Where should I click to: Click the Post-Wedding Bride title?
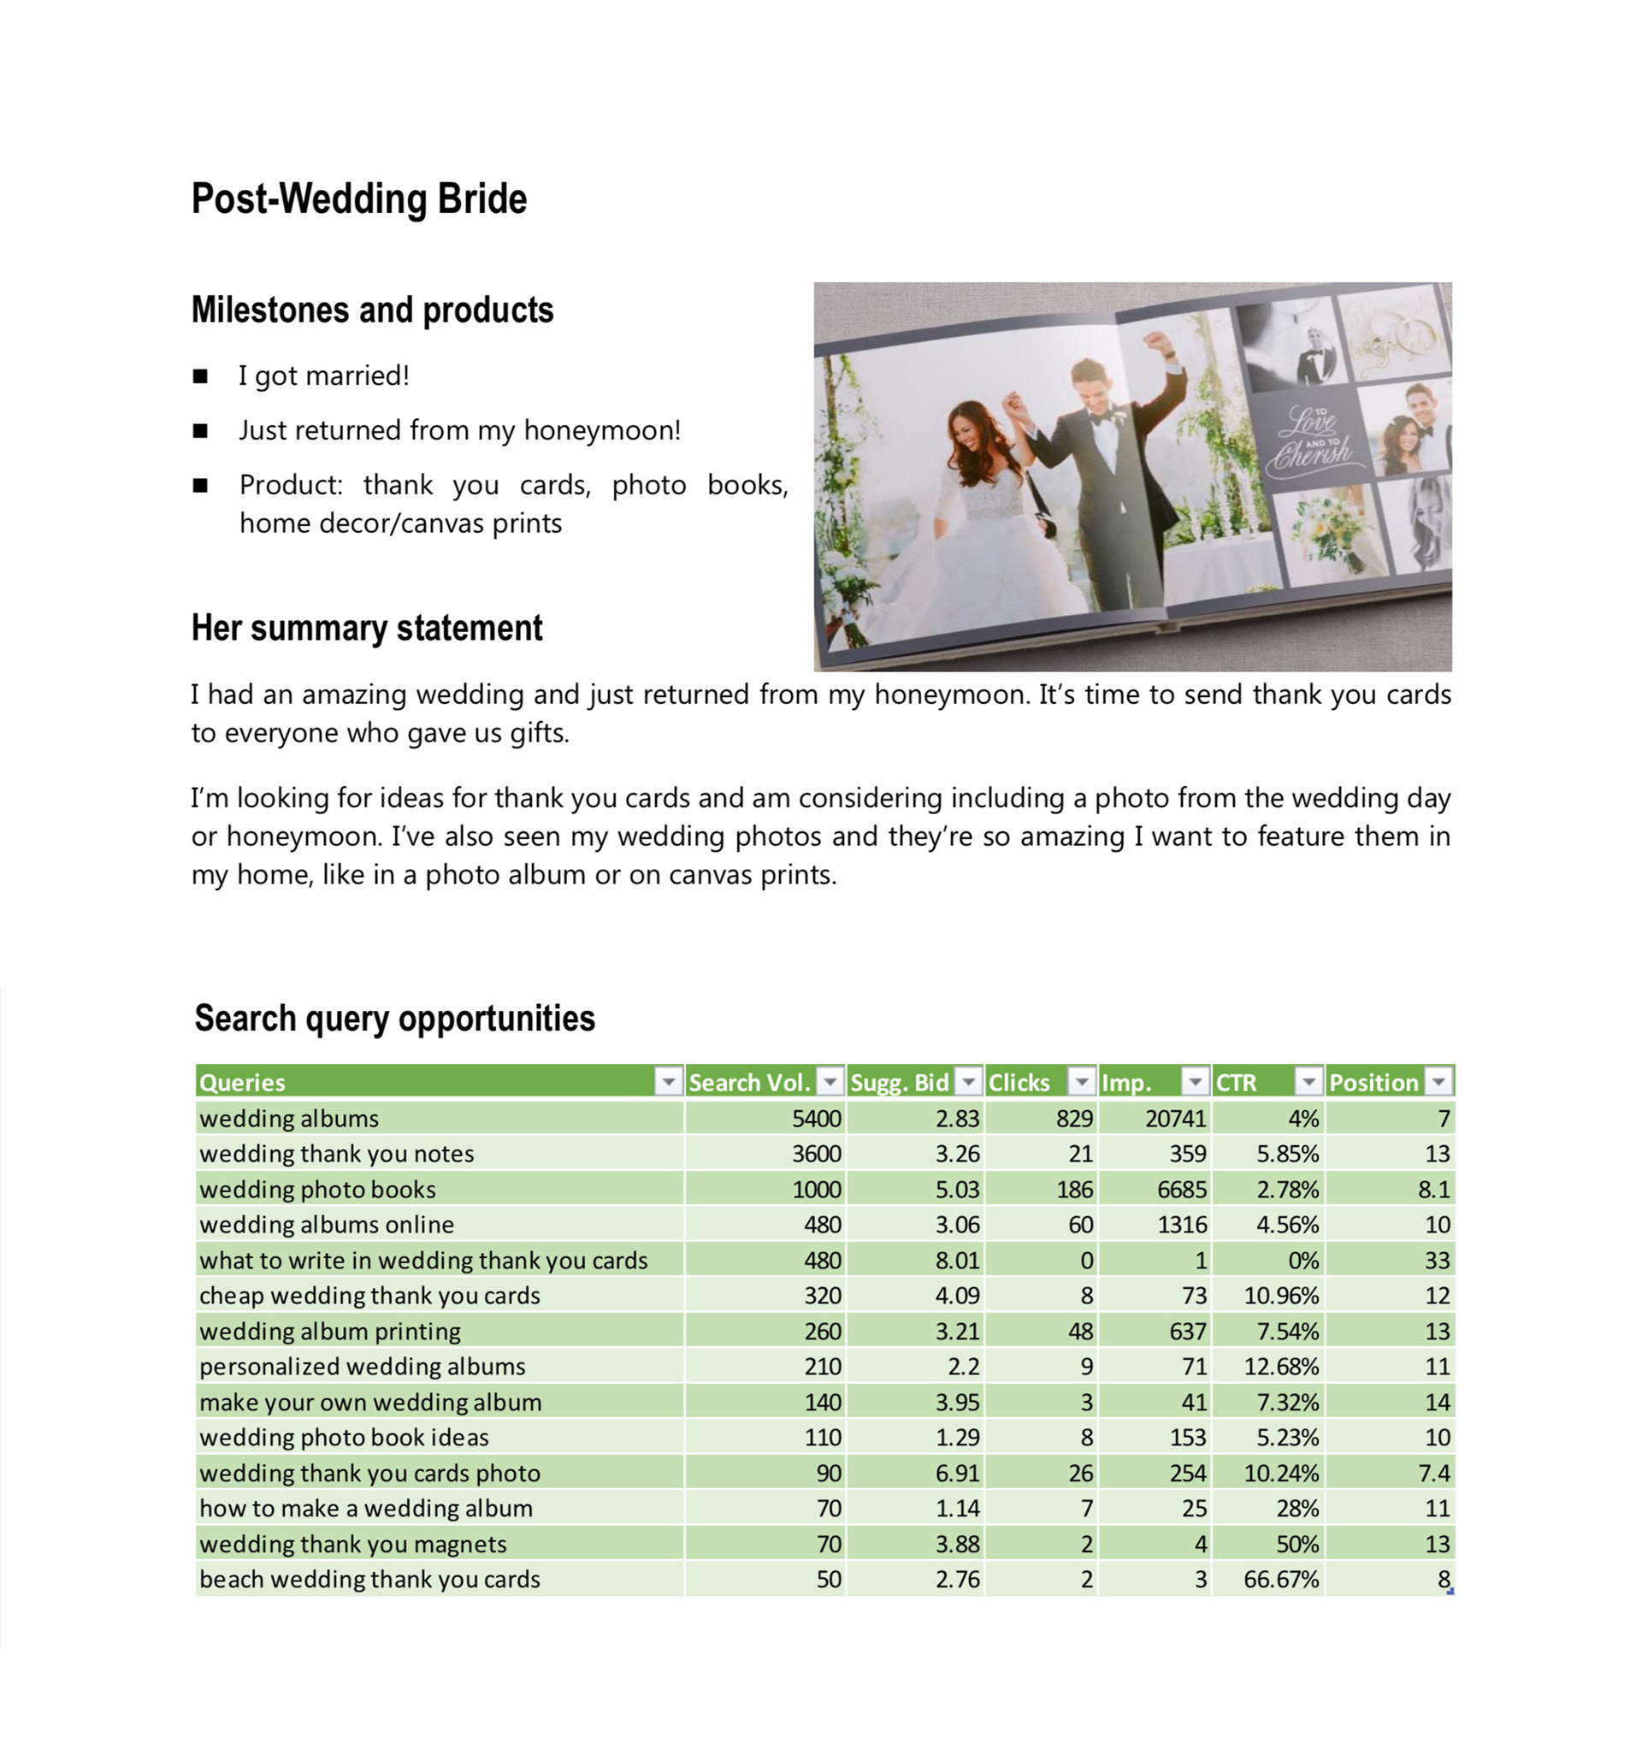[x=358, y=198]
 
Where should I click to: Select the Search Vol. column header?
[x=749, y=1082]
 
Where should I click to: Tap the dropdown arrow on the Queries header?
[x=668, y=1082]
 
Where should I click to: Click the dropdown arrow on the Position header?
[x=1439, y=1082]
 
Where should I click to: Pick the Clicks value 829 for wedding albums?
[x=1073, y=1119]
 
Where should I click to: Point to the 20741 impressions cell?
[x=1175, y=1119]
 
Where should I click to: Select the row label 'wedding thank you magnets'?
[x=352, y=1544]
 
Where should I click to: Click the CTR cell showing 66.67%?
[x=1280, y=1580]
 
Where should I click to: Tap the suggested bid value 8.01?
[x=957, y=1261]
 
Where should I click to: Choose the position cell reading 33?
[x=1437, y=1261]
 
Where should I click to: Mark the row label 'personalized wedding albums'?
[x=362, y=1367]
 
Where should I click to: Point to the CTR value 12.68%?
[x=1280, y=1367]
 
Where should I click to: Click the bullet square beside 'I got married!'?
[x=201, y=376]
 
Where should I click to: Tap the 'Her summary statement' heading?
[x=367, y=628]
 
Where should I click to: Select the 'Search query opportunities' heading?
[x=394, y=1019]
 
